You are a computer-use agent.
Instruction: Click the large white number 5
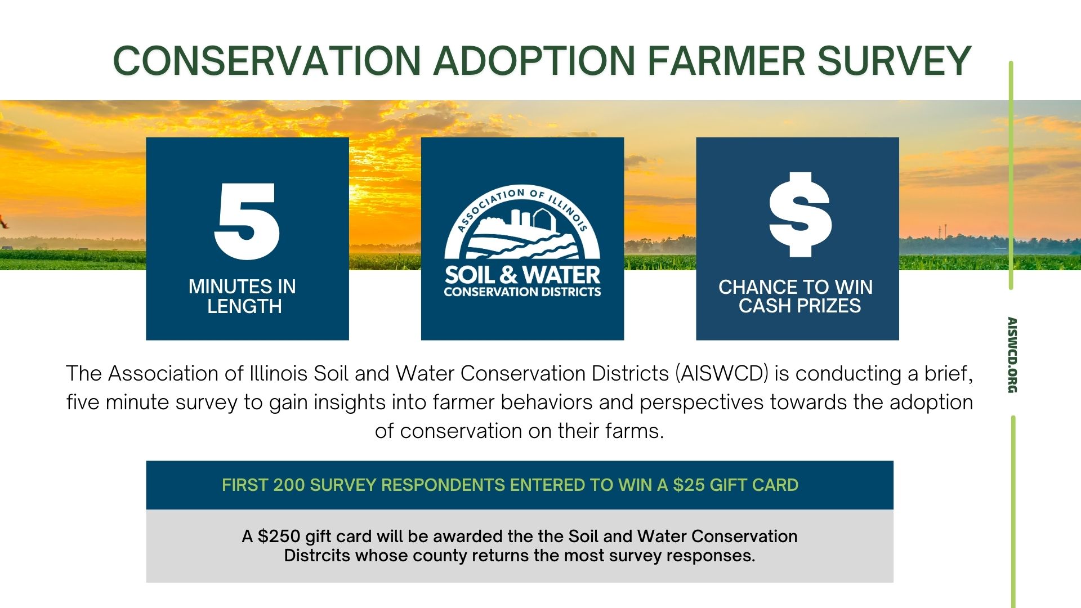coord(247,221)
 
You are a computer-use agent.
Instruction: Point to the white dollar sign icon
coord(800,214)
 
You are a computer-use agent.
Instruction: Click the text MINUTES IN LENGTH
coord(243,296)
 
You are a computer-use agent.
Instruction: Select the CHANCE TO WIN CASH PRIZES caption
coord(796,296)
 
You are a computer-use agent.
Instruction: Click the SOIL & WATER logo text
coord(522,275)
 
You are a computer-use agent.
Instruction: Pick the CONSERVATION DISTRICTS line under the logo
coord(522,292)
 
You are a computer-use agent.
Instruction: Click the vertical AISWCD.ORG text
coord(1012,355)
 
